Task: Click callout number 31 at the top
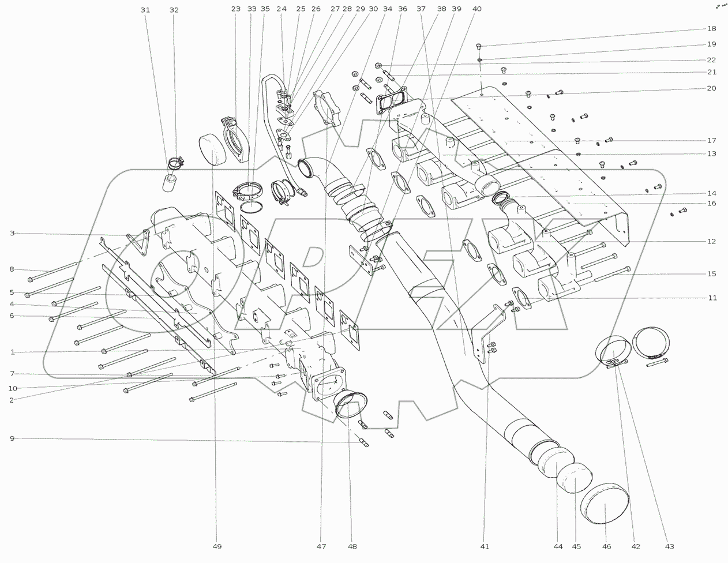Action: click(x=145, y=10)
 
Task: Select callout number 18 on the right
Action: click(x=712, y=29)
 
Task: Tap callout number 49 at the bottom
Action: click(x=217, y=547)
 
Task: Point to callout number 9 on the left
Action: click(x=12, y=438)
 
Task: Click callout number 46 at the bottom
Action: click(x=606, y=547)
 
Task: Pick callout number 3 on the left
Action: click(x=12, y=233)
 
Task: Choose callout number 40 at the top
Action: click(x=476, y=9)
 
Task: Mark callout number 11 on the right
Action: click(x=712, y=298)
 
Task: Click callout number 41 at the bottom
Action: click(x=485, y=547)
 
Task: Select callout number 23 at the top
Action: click(x=236, y=9)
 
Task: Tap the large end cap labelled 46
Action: click(x=605, y=504)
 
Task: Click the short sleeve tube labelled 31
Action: click(x=170, y=183)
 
